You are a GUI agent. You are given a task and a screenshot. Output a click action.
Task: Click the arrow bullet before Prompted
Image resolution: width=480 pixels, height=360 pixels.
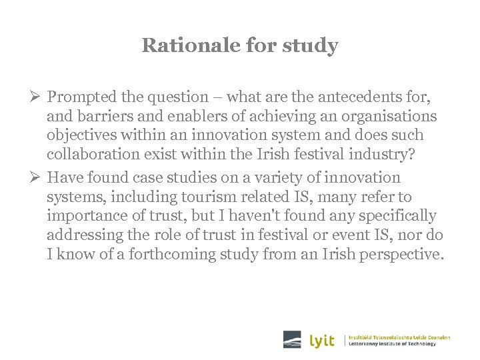click(37, 97)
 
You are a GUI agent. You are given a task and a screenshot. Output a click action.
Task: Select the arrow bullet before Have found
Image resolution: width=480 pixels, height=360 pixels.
click(37, 177)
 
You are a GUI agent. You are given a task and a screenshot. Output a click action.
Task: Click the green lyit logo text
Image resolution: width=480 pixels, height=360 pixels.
click(322, 340)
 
